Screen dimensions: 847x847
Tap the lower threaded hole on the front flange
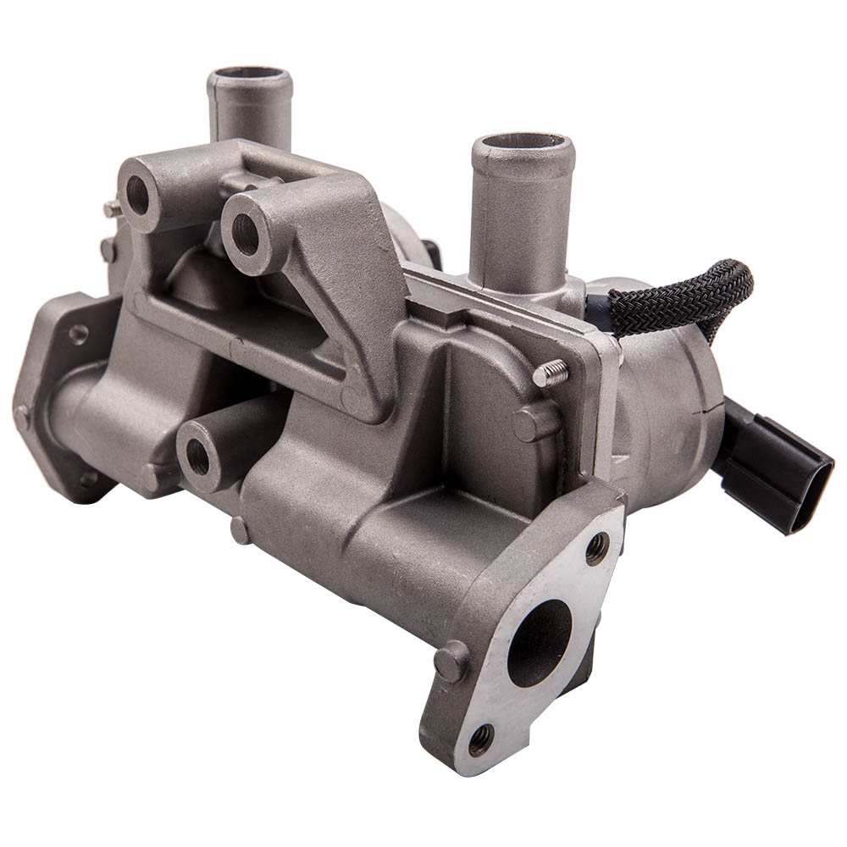(481, 739)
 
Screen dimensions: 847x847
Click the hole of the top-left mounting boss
(138, 196)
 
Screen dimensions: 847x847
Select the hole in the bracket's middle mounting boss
(245, 234)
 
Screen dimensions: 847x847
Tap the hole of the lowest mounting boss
(198, 457)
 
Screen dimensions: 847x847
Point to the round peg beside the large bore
(451, 660)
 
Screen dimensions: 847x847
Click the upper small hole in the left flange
(78, 334)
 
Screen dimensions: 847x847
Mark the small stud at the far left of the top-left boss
(111, 208)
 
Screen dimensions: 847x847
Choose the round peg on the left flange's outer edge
(21, 416)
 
